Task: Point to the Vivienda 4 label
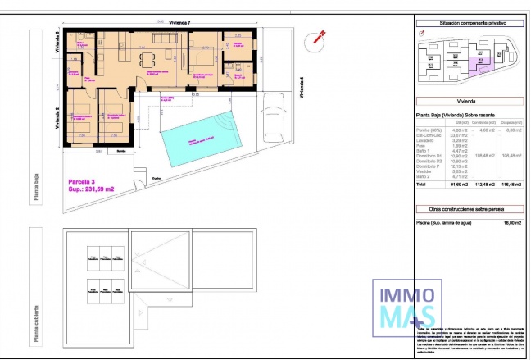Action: coord(302,88)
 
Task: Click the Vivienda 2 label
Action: coord(57,119)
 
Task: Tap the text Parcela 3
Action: coord(80,181)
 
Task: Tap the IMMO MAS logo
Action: coord(404,306)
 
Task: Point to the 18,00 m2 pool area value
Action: coord(512,222)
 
